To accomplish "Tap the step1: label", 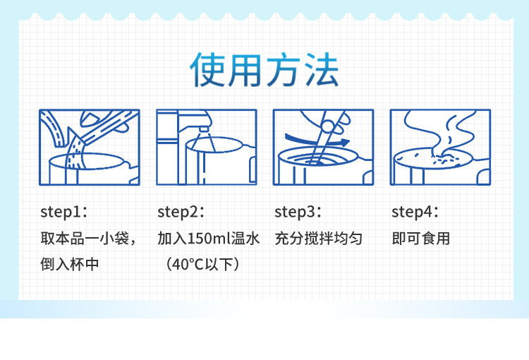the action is tap(63, 212).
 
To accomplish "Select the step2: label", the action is tap(181, 212).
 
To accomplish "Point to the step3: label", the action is tap(298, 212).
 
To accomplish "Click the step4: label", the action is tap(415, 212).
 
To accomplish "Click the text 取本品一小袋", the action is tap(85, 239).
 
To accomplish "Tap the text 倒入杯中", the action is tap(70, 264).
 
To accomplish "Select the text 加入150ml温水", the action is tap(209, 239).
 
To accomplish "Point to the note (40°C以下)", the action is tap(202, 264).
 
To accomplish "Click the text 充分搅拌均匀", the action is tap(319, 239).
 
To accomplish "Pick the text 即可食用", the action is tap(420, 239).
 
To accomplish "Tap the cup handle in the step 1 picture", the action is tap(133, 173).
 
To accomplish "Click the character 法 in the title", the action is tap(322, 71).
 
